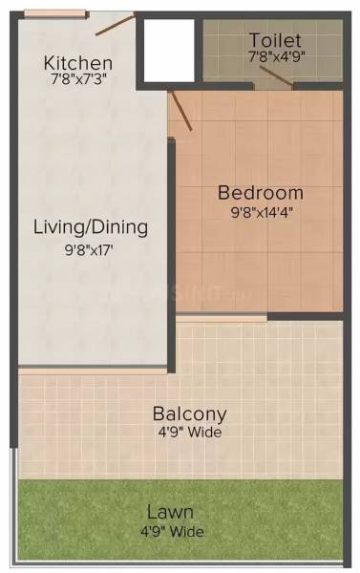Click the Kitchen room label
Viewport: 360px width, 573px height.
78,63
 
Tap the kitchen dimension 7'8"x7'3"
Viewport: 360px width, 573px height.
78,80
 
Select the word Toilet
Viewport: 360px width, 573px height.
275,40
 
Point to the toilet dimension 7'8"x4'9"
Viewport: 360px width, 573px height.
275,56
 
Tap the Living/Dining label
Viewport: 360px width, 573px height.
91,227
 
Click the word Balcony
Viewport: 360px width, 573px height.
190,414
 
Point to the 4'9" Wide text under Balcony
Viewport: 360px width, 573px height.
190,433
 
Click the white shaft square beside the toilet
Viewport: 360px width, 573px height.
169,51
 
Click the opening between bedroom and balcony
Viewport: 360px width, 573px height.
222,316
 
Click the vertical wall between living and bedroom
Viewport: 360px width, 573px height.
172,248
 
